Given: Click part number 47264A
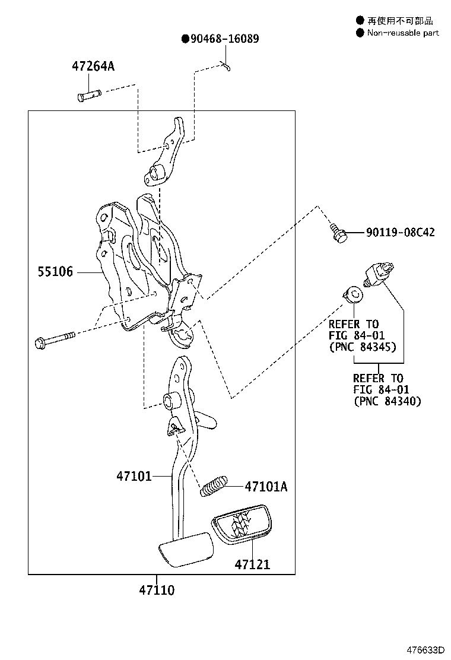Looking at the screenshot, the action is pos(93,66).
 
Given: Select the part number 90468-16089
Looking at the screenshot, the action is pos(224,39).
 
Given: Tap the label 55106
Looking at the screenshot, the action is pos(55,271).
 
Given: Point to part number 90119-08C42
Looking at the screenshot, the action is pos(400,232).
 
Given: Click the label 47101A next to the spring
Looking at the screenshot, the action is pos(266,487).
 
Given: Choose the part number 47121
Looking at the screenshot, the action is pos(252,564).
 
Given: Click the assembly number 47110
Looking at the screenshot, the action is pos(157,590).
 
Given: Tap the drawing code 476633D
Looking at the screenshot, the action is pos(425,649).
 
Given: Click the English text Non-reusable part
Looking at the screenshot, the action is pos(402,33).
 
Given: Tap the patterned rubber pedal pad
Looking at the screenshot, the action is pos(242,524).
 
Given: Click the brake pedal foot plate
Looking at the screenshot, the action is pos(186,549).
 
